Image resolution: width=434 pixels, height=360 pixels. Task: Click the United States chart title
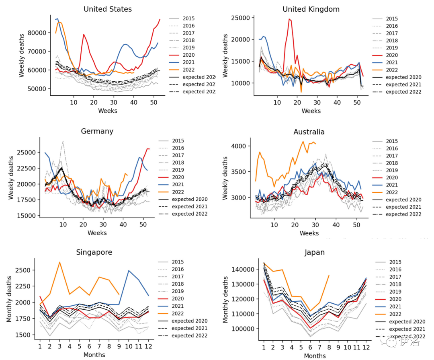(107, 9)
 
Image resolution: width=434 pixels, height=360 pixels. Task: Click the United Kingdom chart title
(311, 9)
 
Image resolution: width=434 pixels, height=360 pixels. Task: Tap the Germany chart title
(97, 131)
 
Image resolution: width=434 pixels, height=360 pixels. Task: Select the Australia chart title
(309, 132)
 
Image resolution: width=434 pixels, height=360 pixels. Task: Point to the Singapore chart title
(94, 252)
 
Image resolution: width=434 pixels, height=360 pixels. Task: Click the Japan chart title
(315, 253)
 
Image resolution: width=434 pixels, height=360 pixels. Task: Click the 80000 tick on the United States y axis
(40, 33)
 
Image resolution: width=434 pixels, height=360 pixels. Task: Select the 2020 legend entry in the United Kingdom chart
(392, 55)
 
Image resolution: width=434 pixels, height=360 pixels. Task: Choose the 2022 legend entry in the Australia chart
(392, 192)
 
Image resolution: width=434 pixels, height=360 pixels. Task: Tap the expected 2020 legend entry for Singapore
(189, 321)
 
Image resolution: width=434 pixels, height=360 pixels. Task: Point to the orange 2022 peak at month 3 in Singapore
(59, 262)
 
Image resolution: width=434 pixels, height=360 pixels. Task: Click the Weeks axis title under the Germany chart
(97, 232)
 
